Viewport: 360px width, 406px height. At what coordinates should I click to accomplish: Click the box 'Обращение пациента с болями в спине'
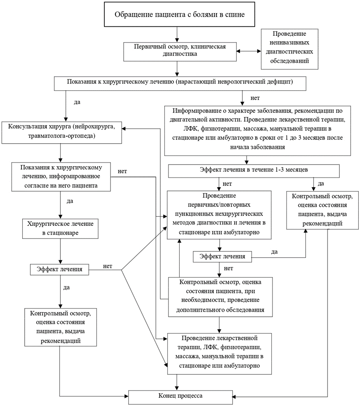(x=180, y=14)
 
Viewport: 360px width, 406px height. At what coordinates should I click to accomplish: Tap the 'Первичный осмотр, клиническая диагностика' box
(x=180, y=52)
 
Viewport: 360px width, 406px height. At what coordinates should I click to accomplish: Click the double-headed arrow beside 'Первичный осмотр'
(x=249, y=51)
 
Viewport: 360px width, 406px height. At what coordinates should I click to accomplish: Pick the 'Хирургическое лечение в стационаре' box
(x=60, y=229)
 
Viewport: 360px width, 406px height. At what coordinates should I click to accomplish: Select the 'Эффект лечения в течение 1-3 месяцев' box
(x=254, y=171)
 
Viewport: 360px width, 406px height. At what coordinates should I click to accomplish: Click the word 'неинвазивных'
(x=289, y=42)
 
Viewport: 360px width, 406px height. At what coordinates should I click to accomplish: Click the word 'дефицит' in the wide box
(x=281, y=82)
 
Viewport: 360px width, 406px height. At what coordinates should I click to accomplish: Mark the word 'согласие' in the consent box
(x=36, y=186)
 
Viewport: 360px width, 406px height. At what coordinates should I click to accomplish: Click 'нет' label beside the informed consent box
(x=122, y=172)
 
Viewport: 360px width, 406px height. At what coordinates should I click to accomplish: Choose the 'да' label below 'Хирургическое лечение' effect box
(x=67, y=288)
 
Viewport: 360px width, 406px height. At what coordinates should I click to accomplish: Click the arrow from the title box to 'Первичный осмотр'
(x=177, y=35)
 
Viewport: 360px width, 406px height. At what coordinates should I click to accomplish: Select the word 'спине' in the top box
(x=235, y=15)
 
